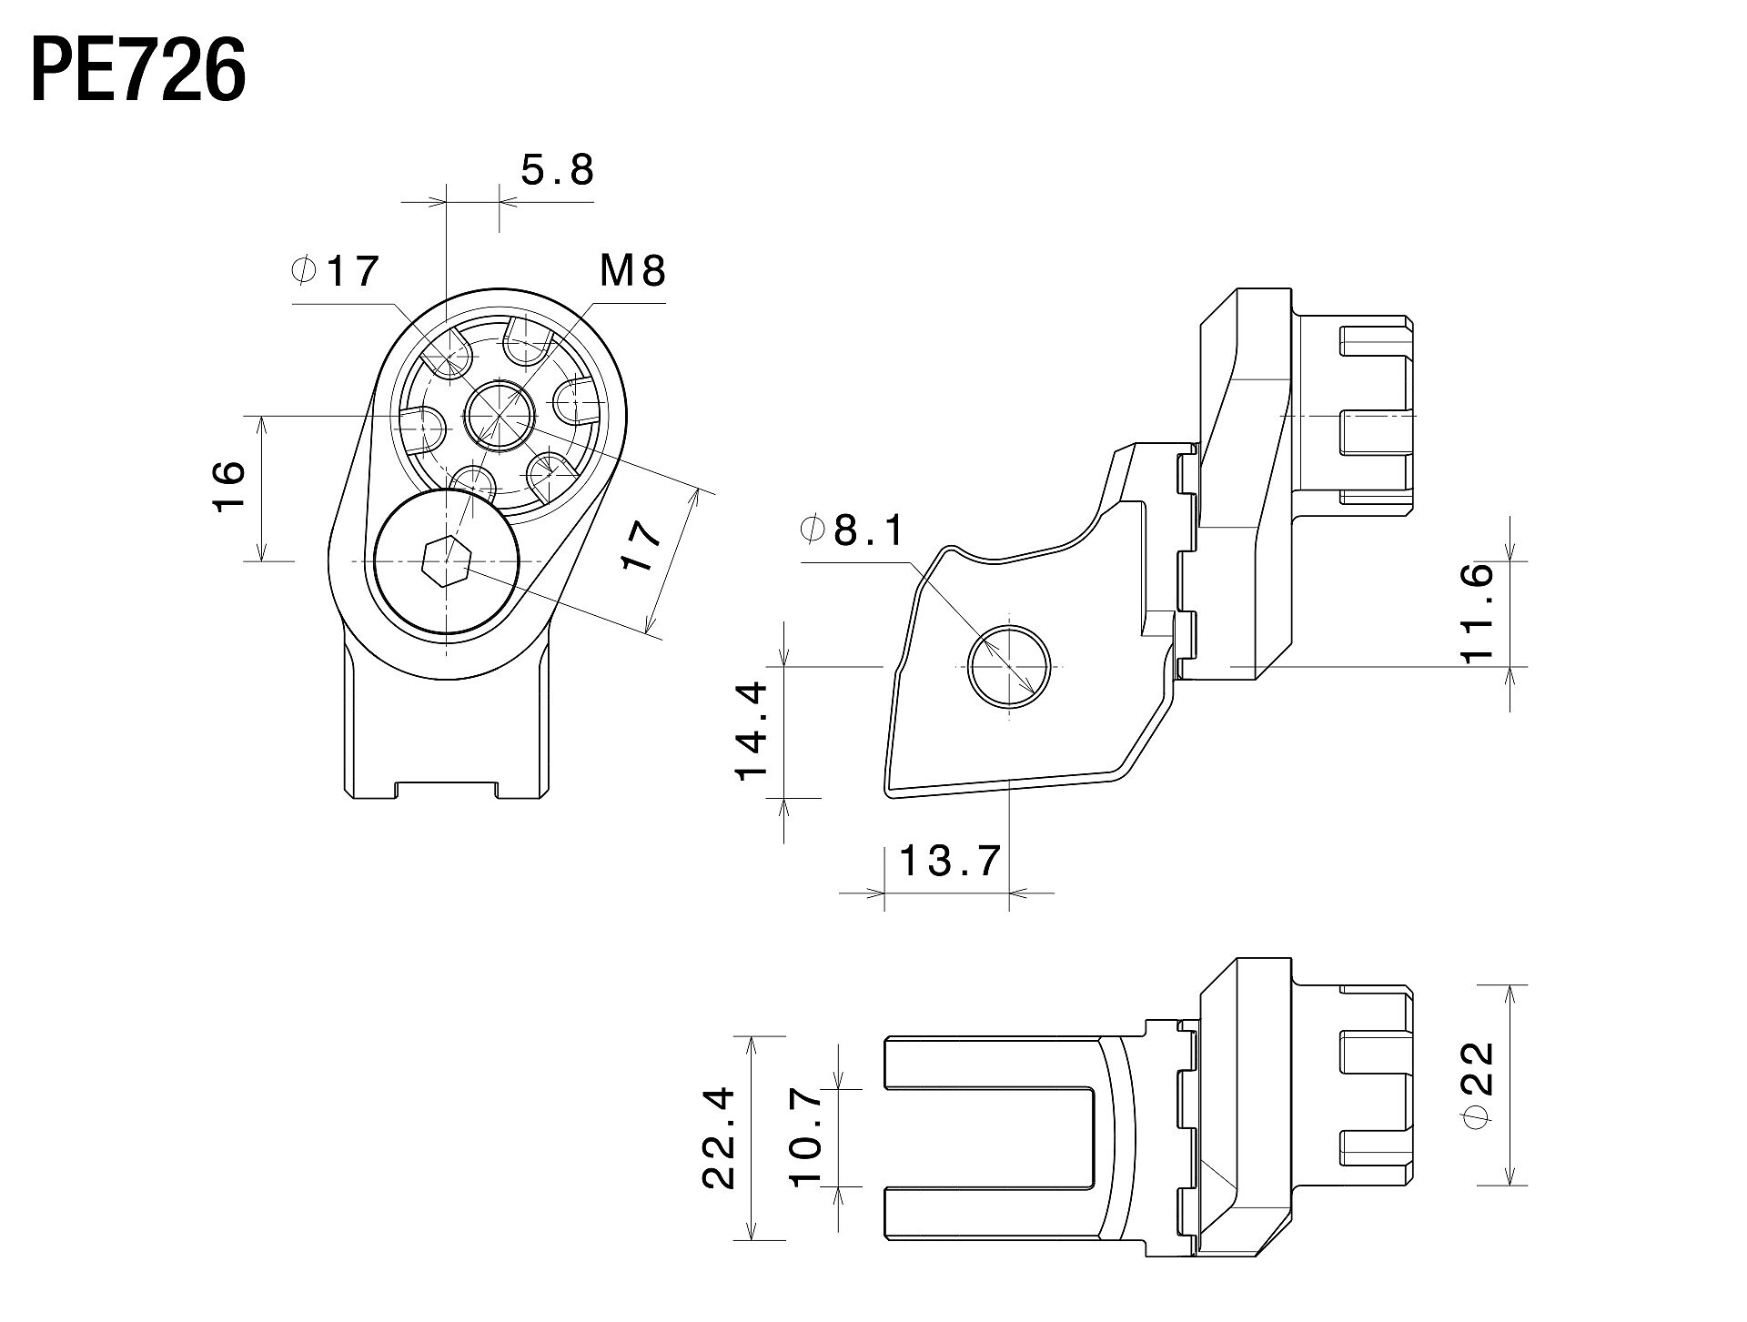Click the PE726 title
click(x=138, y=72)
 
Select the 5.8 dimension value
click(x=557, y=169)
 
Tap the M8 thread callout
click(x=632, y=270)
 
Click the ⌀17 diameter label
click(x=334, y=270)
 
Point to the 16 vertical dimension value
click(x=229, y=486)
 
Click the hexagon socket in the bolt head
click(x=446, y=561)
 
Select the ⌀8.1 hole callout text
click(x=853, y=530)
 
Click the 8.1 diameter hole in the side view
click(x=1008, y=666)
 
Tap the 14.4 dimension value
click(x=753, y=732)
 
